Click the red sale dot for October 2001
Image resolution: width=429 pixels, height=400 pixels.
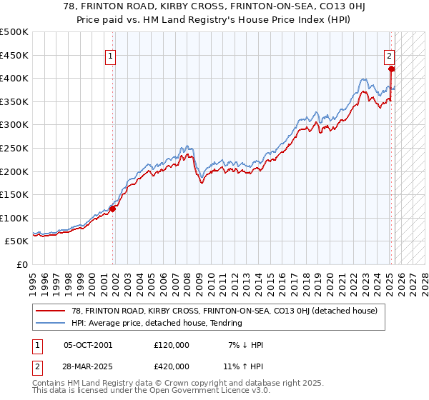113,209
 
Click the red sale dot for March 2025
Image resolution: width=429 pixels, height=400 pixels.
391,69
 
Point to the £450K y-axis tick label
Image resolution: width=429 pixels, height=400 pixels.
14,55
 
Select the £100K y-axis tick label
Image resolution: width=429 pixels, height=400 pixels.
14,218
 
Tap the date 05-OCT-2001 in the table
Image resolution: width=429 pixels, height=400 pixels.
88,345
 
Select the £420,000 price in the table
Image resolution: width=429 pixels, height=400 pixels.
172,366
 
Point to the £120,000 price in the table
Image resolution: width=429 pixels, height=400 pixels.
172,345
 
